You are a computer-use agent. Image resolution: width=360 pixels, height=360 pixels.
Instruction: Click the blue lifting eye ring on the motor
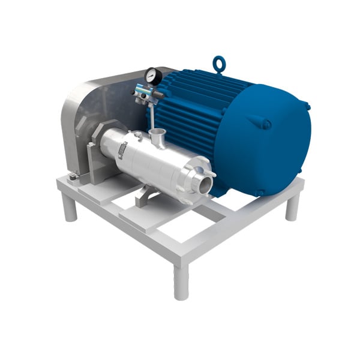[x=219, y=64]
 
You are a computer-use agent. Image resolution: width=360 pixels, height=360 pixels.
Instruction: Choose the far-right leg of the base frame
[x=292, y=207]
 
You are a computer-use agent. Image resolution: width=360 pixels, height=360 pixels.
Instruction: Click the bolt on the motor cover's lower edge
[x=260, y=193]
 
